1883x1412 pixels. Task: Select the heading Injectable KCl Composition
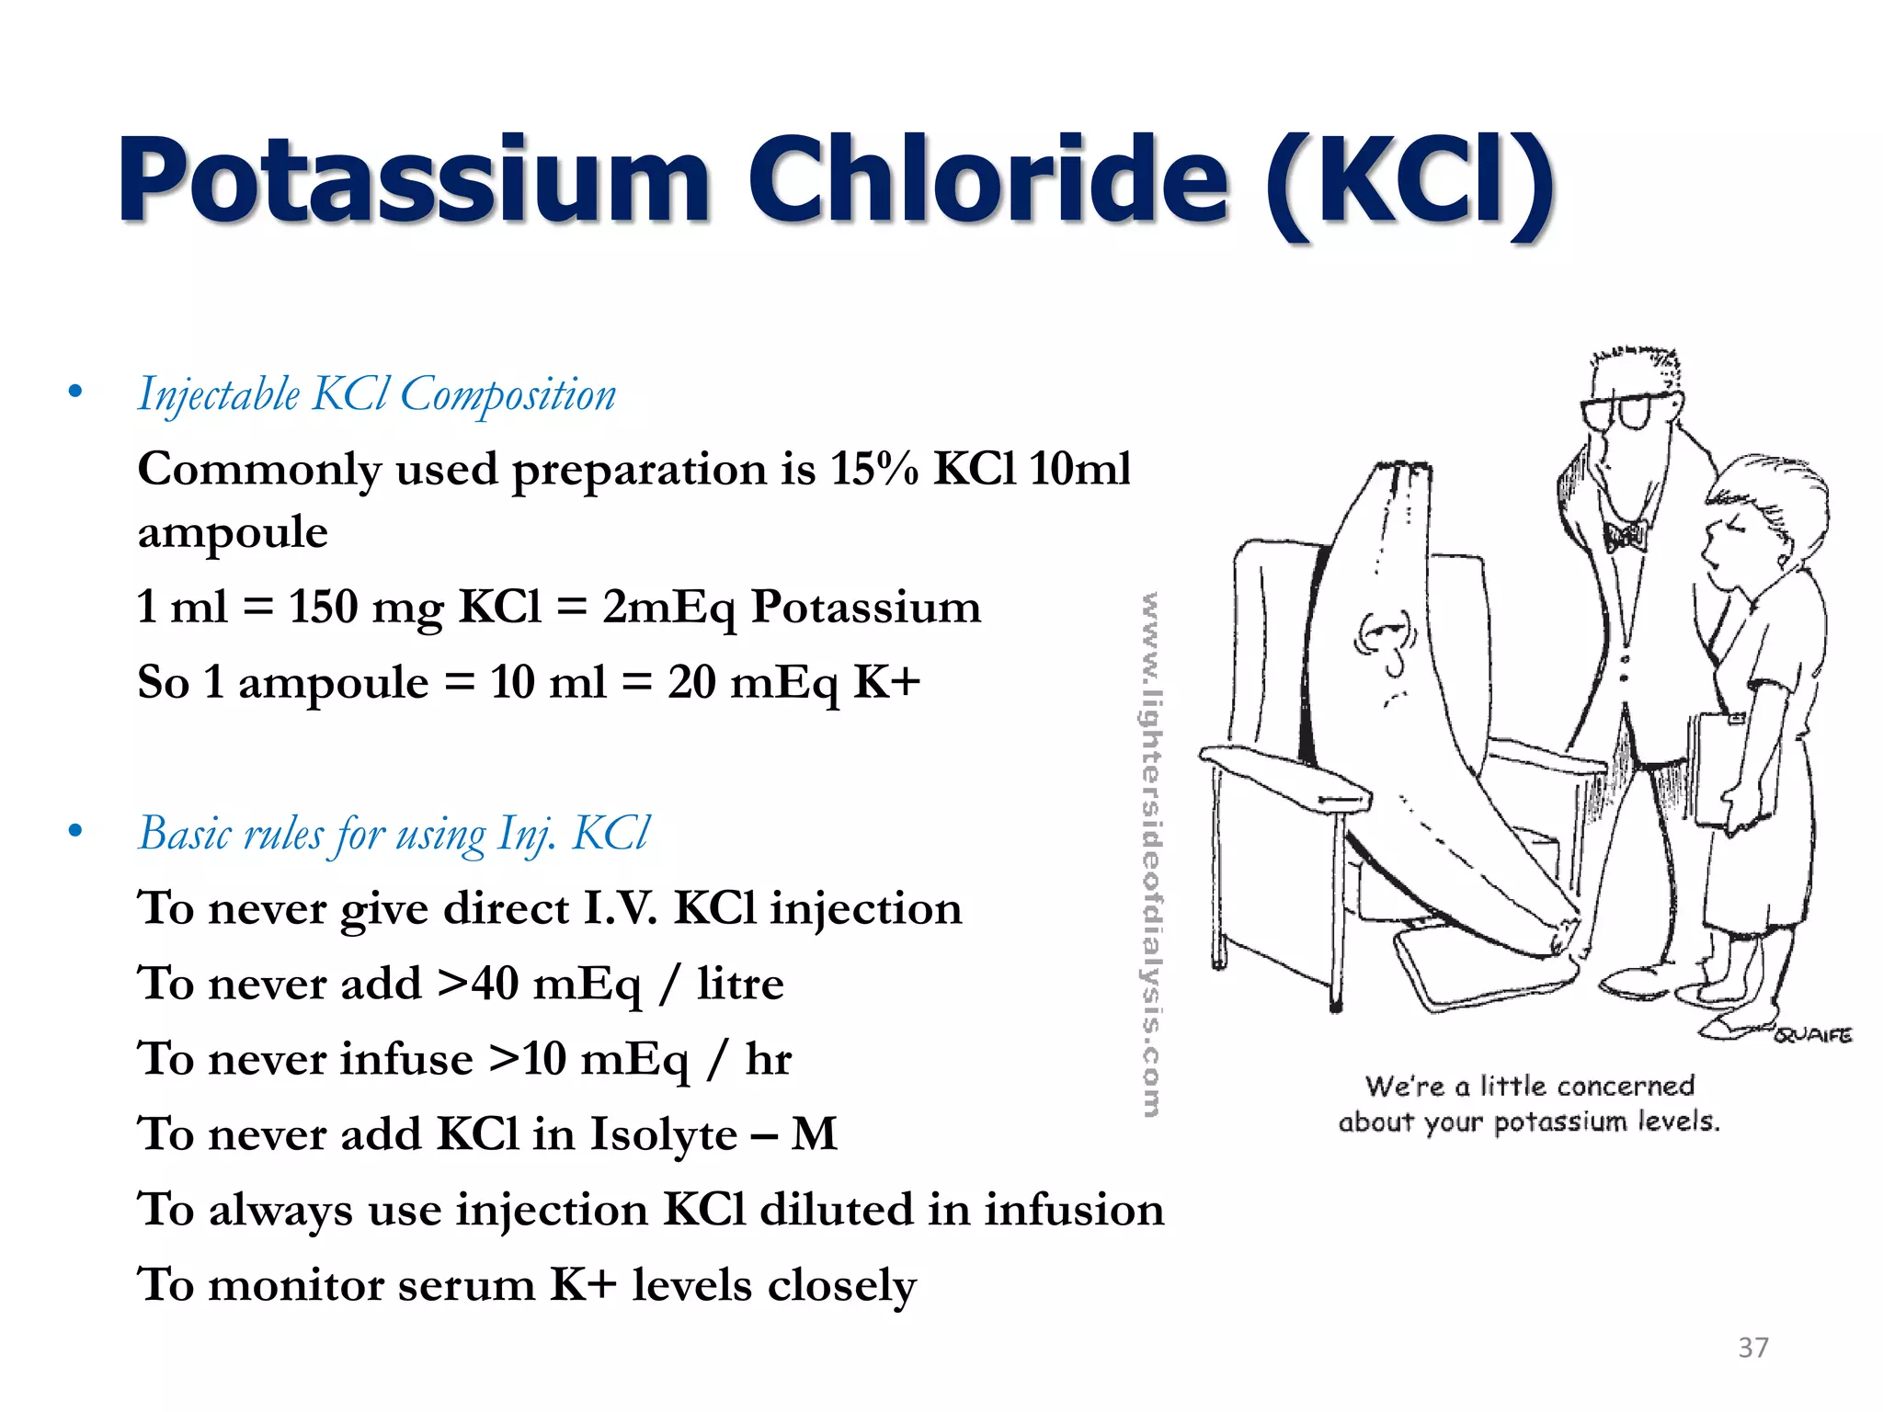(x=377, y=395)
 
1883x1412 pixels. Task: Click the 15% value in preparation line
(x=873, y=469)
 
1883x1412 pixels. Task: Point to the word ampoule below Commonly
(x=233, y=533)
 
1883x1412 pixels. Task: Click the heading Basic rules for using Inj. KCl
(x=394, y=835)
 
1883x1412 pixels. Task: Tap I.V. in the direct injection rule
(x=622, y=909)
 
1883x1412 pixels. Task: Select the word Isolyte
(x=662, y=1134)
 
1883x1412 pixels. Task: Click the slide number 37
(x=1752, y=1348)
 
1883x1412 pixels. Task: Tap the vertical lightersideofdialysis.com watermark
(x=1150, y=855)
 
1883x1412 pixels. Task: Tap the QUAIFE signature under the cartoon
(x=1812, y=1035)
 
